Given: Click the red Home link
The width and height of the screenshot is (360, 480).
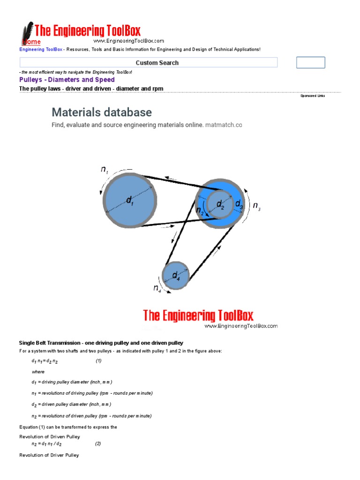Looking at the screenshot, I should (x=31, y=42).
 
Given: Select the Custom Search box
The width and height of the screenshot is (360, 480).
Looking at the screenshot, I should (x=149, y=63).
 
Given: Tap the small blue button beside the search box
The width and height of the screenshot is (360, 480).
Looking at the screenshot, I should (x=310, y=63).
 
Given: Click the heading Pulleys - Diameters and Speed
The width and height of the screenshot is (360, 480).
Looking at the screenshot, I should (x=67, y=80).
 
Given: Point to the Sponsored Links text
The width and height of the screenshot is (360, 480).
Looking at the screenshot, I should (x=312, y=96).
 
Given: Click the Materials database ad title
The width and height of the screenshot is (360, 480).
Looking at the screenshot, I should (x=102, y=112).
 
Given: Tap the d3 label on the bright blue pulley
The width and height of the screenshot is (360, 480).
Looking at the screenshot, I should (x=239, y=204).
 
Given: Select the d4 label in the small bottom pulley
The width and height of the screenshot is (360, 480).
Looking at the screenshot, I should (x=176, y=275).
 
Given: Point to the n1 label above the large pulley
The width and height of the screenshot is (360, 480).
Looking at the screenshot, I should (x=104, y=170).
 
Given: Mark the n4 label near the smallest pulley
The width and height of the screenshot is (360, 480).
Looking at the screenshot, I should (x=157, y=289).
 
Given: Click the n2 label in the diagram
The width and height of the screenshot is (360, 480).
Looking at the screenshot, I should (x=200, y=210).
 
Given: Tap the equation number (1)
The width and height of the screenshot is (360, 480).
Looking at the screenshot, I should (x=98, y=361).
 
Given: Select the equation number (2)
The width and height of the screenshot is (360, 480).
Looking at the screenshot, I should (x=97, y=443).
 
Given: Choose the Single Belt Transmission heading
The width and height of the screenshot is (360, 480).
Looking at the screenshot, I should (x=101, y=343).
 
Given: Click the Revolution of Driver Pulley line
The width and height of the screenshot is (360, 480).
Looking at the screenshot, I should (x=49, y=455).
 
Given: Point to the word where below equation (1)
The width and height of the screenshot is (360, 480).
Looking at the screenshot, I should (x=38, y=372).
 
